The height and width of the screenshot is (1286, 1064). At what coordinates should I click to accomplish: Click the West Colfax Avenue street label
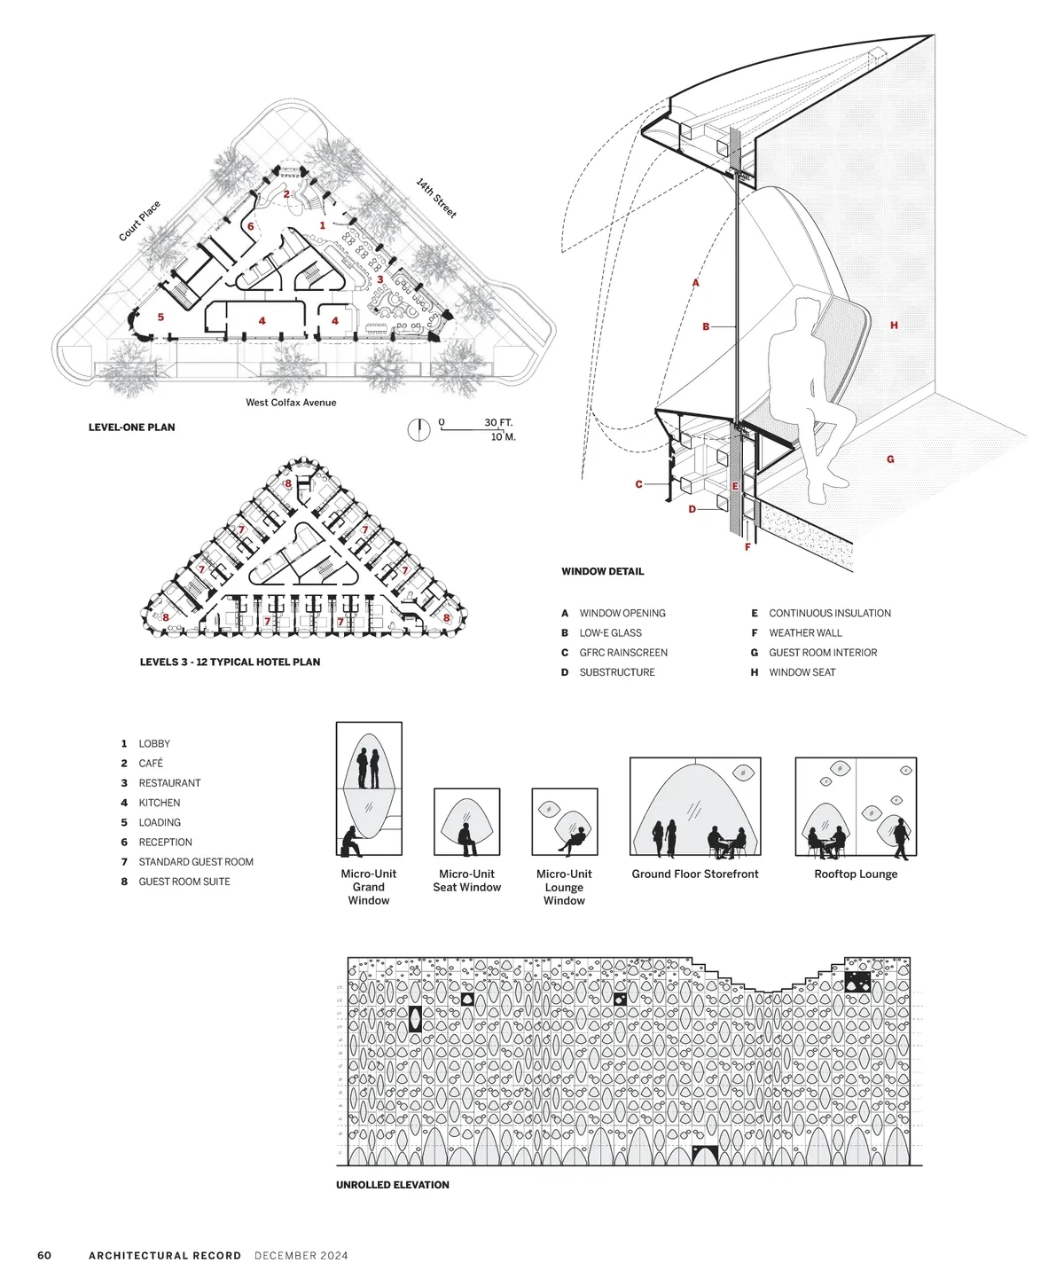coord(291,403)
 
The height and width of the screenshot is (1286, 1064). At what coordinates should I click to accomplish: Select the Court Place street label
coord(140,222)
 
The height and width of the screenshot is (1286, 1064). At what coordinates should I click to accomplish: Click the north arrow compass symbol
coord(419,429)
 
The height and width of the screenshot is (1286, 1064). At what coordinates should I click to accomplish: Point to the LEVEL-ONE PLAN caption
coord(132,427)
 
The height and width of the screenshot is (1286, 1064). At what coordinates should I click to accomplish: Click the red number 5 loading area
coord(160,317)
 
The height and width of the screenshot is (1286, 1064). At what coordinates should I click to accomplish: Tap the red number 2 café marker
coord(286,194)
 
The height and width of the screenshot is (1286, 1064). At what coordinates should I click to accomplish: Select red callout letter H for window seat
coord(894,325)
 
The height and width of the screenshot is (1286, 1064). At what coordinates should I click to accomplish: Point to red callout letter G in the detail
coord(890,459)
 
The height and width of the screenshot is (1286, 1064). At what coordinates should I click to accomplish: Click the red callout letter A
coord(696,283)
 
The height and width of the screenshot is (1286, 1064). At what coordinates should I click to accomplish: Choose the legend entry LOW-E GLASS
coord(610,633)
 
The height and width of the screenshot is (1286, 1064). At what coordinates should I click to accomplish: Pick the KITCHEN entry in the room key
coord(159,803)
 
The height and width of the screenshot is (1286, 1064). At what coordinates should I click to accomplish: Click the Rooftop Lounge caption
coord(856,874)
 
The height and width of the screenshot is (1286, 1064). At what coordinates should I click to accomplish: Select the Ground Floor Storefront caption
coord(695,874)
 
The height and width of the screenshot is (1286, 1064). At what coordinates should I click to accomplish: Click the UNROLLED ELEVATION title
coord(393,1185)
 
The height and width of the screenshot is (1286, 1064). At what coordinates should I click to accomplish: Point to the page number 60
coord(44,1256)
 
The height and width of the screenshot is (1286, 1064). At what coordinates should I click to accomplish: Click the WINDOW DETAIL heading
coord(603,572)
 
